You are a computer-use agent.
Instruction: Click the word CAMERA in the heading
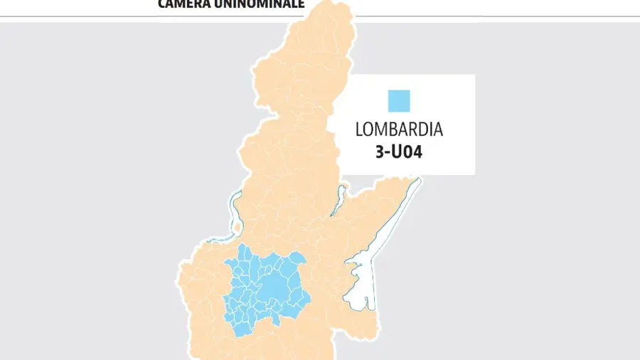point(183,4)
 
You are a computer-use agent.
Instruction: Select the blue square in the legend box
point(399,100)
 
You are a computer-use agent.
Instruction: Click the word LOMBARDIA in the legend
point(399,130)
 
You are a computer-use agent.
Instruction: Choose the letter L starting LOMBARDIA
point(358,130)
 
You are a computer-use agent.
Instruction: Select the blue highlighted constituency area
point(263,288)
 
